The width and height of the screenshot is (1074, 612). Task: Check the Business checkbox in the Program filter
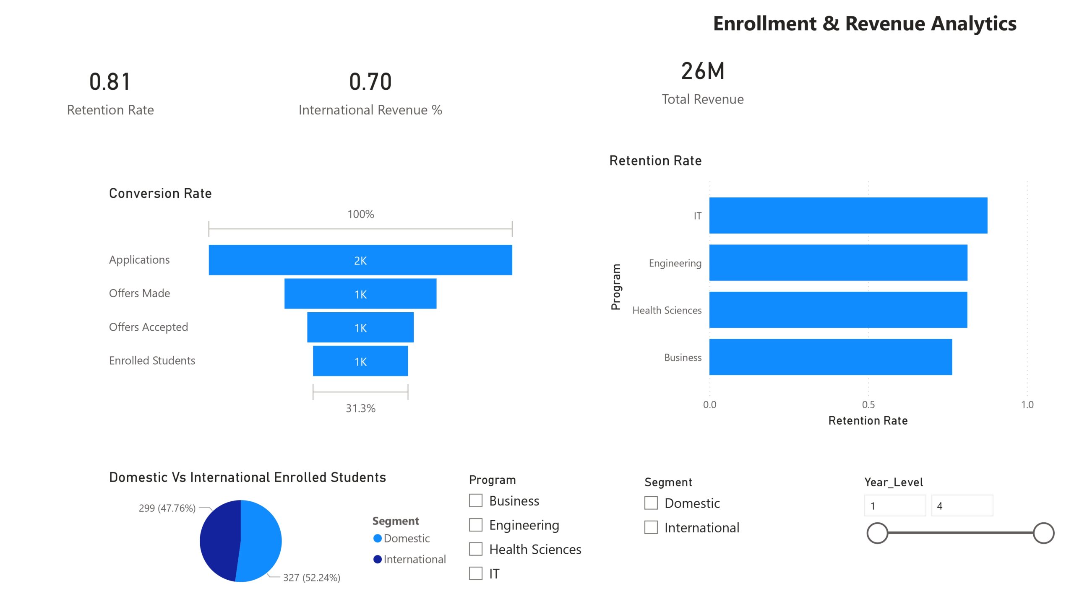pyautogui.click(x=475, y=500)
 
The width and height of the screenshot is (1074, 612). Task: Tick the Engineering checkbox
pyautogui.click(x=475, y=524)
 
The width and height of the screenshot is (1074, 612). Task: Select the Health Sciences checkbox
pyautogui.click(x=475, y=549)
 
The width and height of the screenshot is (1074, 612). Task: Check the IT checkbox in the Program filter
pyautogui.click(x=475, y=573)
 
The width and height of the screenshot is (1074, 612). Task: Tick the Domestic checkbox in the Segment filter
pyautogui.click(x=651, y=503)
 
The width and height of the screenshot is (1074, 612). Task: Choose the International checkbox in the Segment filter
pyautogui.click(x=651, y=527)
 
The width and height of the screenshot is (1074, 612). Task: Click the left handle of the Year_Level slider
pyautogui.click(x=877, y=533)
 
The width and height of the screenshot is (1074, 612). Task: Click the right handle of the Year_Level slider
pyautogui.click(x=1043, y=533)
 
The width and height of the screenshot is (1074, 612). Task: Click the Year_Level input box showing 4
pyautogui.click(x=962, y=506)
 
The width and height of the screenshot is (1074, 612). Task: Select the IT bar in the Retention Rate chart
pyautogui.click(x=848, y=215)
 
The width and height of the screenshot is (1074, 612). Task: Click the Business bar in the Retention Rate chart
pyautogui.click(x=830, y=357)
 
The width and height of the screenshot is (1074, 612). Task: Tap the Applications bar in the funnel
pyautogui.click(x=360, y=260)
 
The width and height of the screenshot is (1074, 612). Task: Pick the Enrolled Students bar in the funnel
pyautogui.click(x=360, y=361)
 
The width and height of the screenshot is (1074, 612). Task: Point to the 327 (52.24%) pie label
pyautogui.click(x=311, y=578)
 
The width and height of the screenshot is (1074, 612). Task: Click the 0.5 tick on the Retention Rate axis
pyautogui.click(x=868, y=405)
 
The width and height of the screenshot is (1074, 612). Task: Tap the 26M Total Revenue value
pyautogui.click(x=703, y=71)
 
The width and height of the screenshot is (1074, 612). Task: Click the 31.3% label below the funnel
pyautogui.click(x=360, y=408)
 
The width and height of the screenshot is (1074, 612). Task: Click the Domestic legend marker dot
pyautogui.click(x=377, y=539)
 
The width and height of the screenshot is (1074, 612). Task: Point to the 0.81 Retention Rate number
pyautogui.click(x=110, y=82)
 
